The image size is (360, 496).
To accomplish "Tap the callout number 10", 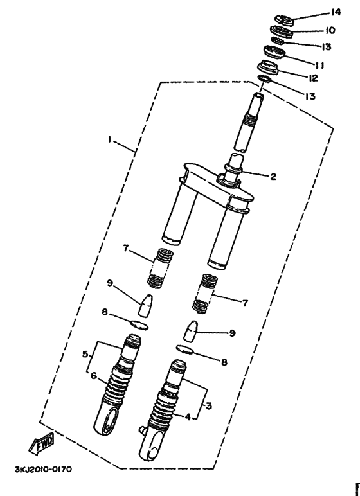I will [330, 30].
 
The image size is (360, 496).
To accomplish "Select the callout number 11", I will [319, 65].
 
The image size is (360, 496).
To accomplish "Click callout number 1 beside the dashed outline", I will [110, 139].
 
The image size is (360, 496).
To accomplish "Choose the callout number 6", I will [94, 376].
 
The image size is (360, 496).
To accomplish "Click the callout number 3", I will [208, 407].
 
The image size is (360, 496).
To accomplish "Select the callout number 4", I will [187, 416].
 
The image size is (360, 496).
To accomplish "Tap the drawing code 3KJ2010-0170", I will [43, 468].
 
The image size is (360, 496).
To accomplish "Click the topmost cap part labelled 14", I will [283, 19].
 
